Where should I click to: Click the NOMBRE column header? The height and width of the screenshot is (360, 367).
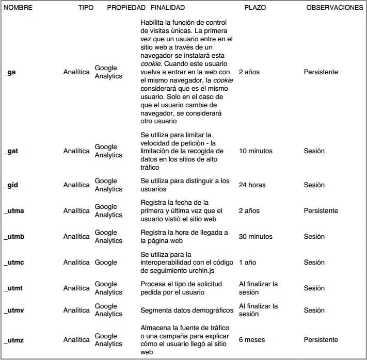point(18,8)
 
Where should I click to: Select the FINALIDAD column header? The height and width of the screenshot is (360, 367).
point(167,8)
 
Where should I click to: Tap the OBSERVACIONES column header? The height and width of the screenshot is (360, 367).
point(334,8)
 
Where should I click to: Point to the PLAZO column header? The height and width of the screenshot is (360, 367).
point(255,8)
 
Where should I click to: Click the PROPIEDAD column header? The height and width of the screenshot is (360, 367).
point(126,8)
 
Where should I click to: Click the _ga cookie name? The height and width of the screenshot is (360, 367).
point(10,72)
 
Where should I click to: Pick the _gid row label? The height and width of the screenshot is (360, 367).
point(11,185)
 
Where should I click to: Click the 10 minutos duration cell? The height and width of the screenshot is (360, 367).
point(256,151)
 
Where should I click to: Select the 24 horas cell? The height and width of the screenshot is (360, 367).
point(252,185)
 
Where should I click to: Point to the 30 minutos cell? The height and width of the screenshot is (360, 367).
point(256,237)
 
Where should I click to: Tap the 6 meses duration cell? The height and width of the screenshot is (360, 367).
point(251,340)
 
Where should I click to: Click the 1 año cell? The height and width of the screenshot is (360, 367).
point(247,263)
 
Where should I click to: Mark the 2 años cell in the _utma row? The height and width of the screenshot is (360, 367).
point(249,211)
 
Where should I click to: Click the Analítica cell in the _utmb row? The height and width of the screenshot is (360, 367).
point(76,237)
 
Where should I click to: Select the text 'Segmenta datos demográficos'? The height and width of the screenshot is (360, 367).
point(187,310)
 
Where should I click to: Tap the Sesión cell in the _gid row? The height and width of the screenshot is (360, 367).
point(314,185)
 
